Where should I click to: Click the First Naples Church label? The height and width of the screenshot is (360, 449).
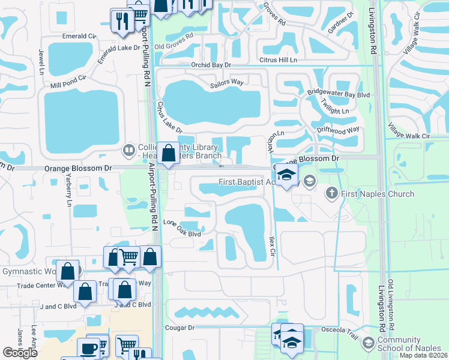(x=378, y=194)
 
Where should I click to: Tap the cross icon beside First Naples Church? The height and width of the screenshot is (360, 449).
(x=331, y=193)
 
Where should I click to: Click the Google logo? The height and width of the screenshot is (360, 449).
(x=20, y=353)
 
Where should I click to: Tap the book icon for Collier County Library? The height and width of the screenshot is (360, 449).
(x=128, y=149)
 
